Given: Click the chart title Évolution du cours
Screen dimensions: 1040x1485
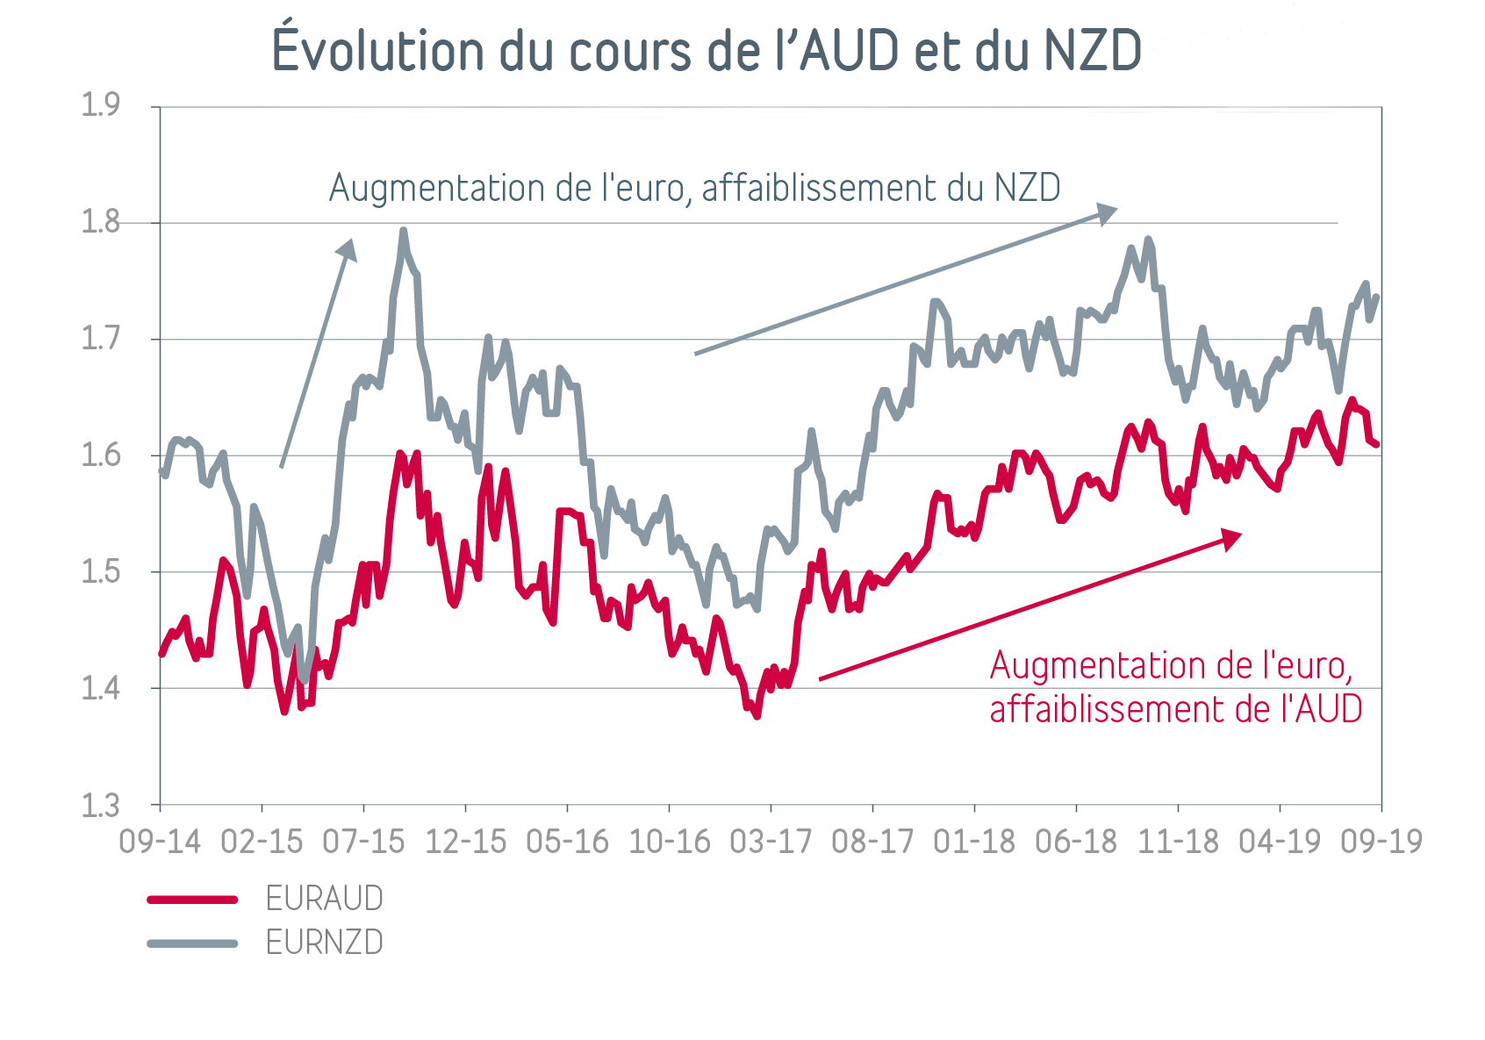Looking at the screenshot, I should pos(707,50).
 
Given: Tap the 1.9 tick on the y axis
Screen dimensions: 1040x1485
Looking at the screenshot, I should pos(100,105).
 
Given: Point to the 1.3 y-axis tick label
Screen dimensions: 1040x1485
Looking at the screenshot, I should pos(100,806).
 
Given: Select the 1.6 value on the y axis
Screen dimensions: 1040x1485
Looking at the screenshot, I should pos(100,455).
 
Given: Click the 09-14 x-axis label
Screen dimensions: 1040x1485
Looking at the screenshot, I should pos(160,842).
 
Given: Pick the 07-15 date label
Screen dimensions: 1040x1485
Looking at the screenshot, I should pos(363,842).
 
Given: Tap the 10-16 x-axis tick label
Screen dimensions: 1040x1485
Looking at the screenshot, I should pos(669,842).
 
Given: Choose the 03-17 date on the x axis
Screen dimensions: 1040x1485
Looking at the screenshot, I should pos(771,842).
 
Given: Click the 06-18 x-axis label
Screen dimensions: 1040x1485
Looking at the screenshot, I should pos(1076,842).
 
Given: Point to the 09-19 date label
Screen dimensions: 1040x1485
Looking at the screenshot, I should pos(1381,842).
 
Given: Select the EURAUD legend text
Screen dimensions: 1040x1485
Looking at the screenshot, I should pos(325,899).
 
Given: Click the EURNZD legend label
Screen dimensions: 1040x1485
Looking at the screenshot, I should pos(325,943).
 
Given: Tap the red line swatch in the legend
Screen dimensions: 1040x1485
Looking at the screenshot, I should pos(192,900).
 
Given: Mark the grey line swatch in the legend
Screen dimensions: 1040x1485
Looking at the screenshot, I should pos(192,943).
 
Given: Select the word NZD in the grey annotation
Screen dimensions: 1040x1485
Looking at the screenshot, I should pos(1028,188).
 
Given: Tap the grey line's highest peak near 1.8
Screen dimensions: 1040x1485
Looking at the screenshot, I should pos(403,232).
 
